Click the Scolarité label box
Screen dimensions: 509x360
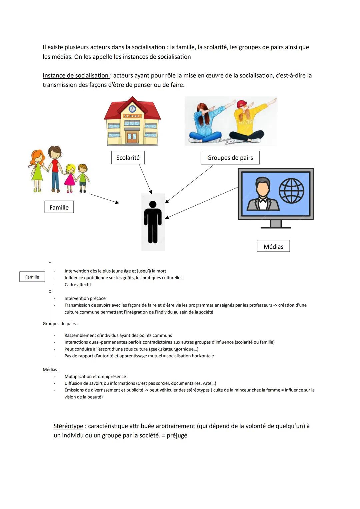128,158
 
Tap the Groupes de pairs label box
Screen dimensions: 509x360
230,158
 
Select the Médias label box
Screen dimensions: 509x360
273,246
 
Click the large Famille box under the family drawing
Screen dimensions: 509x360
59,207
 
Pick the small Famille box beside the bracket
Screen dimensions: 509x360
32,277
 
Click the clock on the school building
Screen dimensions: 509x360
132,109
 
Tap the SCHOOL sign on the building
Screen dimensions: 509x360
132,116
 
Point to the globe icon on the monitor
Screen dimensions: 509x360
291,191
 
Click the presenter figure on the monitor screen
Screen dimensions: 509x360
263,194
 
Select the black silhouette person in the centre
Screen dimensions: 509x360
153,222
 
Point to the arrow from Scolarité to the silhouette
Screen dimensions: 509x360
145,178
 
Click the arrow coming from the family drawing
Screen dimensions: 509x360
104,199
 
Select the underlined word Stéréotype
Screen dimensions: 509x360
68,426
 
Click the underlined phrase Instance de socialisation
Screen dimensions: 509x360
76,76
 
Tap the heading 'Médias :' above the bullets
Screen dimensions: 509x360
51,369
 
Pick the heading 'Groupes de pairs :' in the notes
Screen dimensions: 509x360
60,324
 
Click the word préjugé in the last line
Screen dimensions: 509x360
177,435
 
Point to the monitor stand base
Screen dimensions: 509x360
276,227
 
